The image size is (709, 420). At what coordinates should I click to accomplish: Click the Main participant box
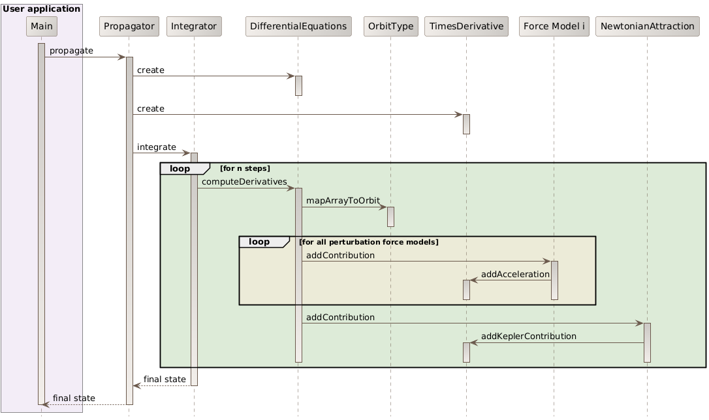(41, 26)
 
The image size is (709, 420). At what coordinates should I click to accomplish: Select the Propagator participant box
(129, 26)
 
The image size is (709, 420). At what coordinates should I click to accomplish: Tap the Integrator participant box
(194, 26)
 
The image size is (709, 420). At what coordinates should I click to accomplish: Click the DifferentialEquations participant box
(298, 26)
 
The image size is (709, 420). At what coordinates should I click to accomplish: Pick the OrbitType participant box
(390, 26)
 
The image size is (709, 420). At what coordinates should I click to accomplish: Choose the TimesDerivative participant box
(466, 26)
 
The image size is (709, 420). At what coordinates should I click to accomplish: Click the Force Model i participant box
(553, 26)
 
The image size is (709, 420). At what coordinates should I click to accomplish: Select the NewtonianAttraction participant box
(646, 26)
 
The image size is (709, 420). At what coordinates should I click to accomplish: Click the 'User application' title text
(42, 8)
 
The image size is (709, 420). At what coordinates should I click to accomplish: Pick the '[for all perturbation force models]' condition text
(368, 242)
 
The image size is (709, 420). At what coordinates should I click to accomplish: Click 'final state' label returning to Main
(74, 398)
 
